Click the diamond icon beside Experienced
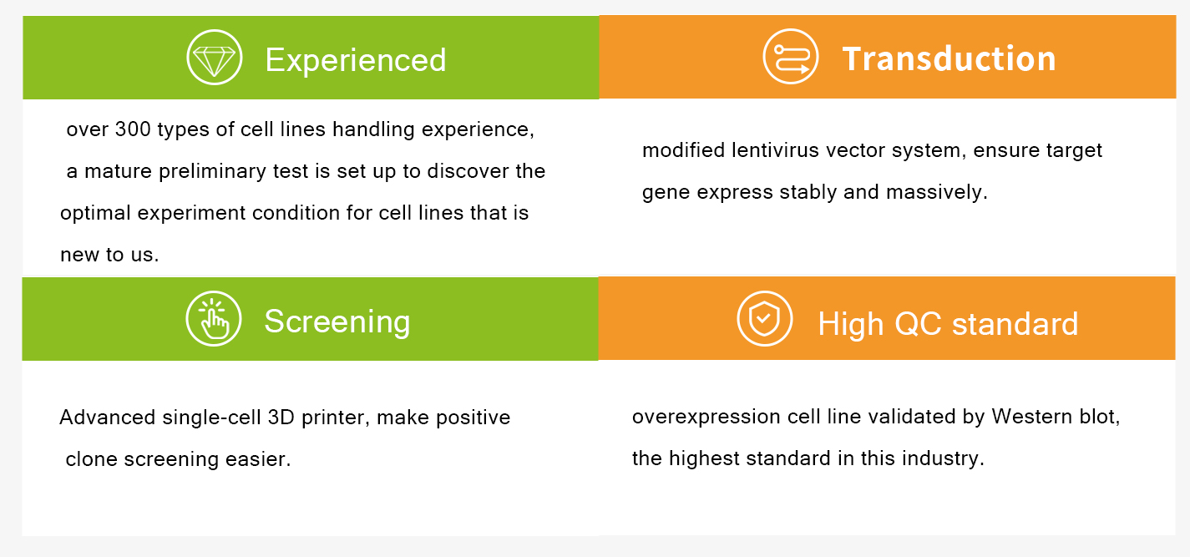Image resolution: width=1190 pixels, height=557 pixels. pos(214,58)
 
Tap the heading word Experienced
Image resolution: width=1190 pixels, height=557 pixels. pos(356,59)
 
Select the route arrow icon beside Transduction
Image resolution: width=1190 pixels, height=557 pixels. pos(791,56)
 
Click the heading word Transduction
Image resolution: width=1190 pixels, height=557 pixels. pos(949,58)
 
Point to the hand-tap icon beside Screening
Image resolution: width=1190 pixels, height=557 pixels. pos(214,318)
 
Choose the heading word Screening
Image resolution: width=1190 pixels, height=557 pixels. pos(337,322)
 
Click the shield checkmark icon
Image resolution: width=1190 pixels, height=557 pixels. pos(764,318)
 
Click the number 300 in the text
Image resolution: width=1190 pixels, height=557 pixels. pos(133,129)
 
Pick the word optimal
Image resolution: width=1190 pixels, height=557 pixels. pos(95,213)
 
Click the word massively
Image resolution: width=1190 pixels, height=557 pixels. pos(937,192)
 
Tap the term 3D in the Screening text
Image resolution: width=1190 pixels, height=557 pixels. pos(281,418)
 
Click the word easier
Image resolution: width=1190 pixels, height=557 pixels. pos(258,459)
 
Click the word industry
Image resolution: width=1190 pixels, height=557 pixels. pos(943,458)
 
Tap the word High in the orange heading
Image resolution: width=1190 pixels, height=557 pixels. pos(850,324)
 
